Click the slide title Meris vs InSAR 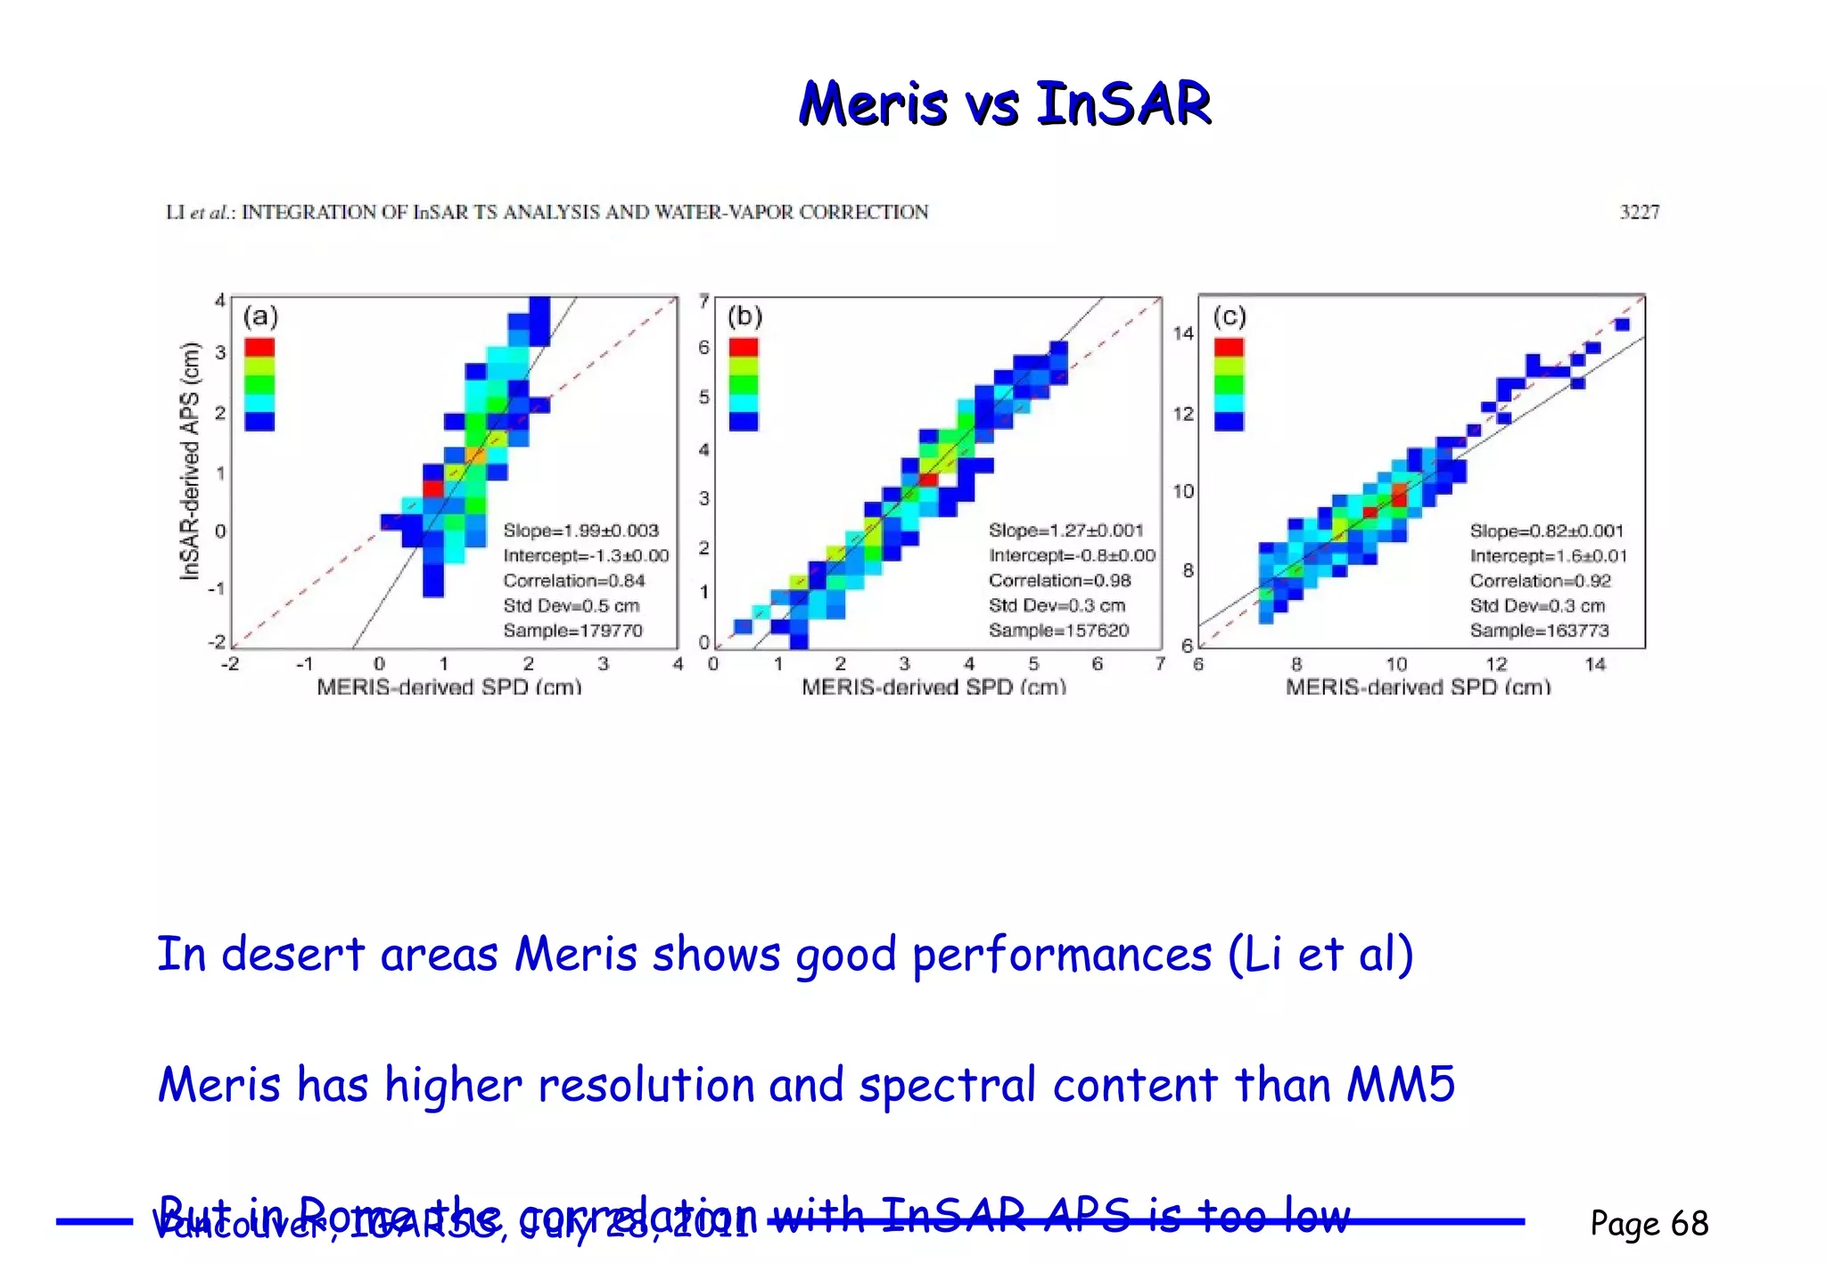[x=1005, y=103]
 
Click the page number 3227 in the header [x=1639, y=212]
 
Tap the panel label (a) [x=260, y=316]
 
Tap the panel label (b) [x=744, y=316]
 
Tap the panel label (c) [x=1229, y=316]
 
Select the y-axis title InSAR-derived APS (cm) [x=190, y=461]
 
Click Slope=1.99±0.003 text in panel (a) [x=580, y=530]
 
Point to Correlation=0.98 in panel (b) [x=1059, y=580]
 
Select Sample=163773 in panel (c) [x=1539, y=630]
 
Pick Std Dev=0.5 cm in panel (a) [x=571, y=605]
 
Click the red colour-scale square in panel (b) [x=744, y=347]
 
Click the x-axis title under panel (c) [x=1418, y=687]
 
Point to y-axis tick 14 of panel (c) [x=1182, y=333]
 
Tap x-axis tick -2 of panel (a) [x=230, y=664]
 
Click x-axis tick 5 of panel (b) [x=1033, y=664]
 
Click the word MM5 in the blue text [x=1401, y=1085]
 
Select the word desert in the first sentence [x=292, y=955]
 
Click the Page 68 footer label [x=1649, y=1223]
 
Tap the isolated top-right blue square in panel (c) [x=1622, y=324]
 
